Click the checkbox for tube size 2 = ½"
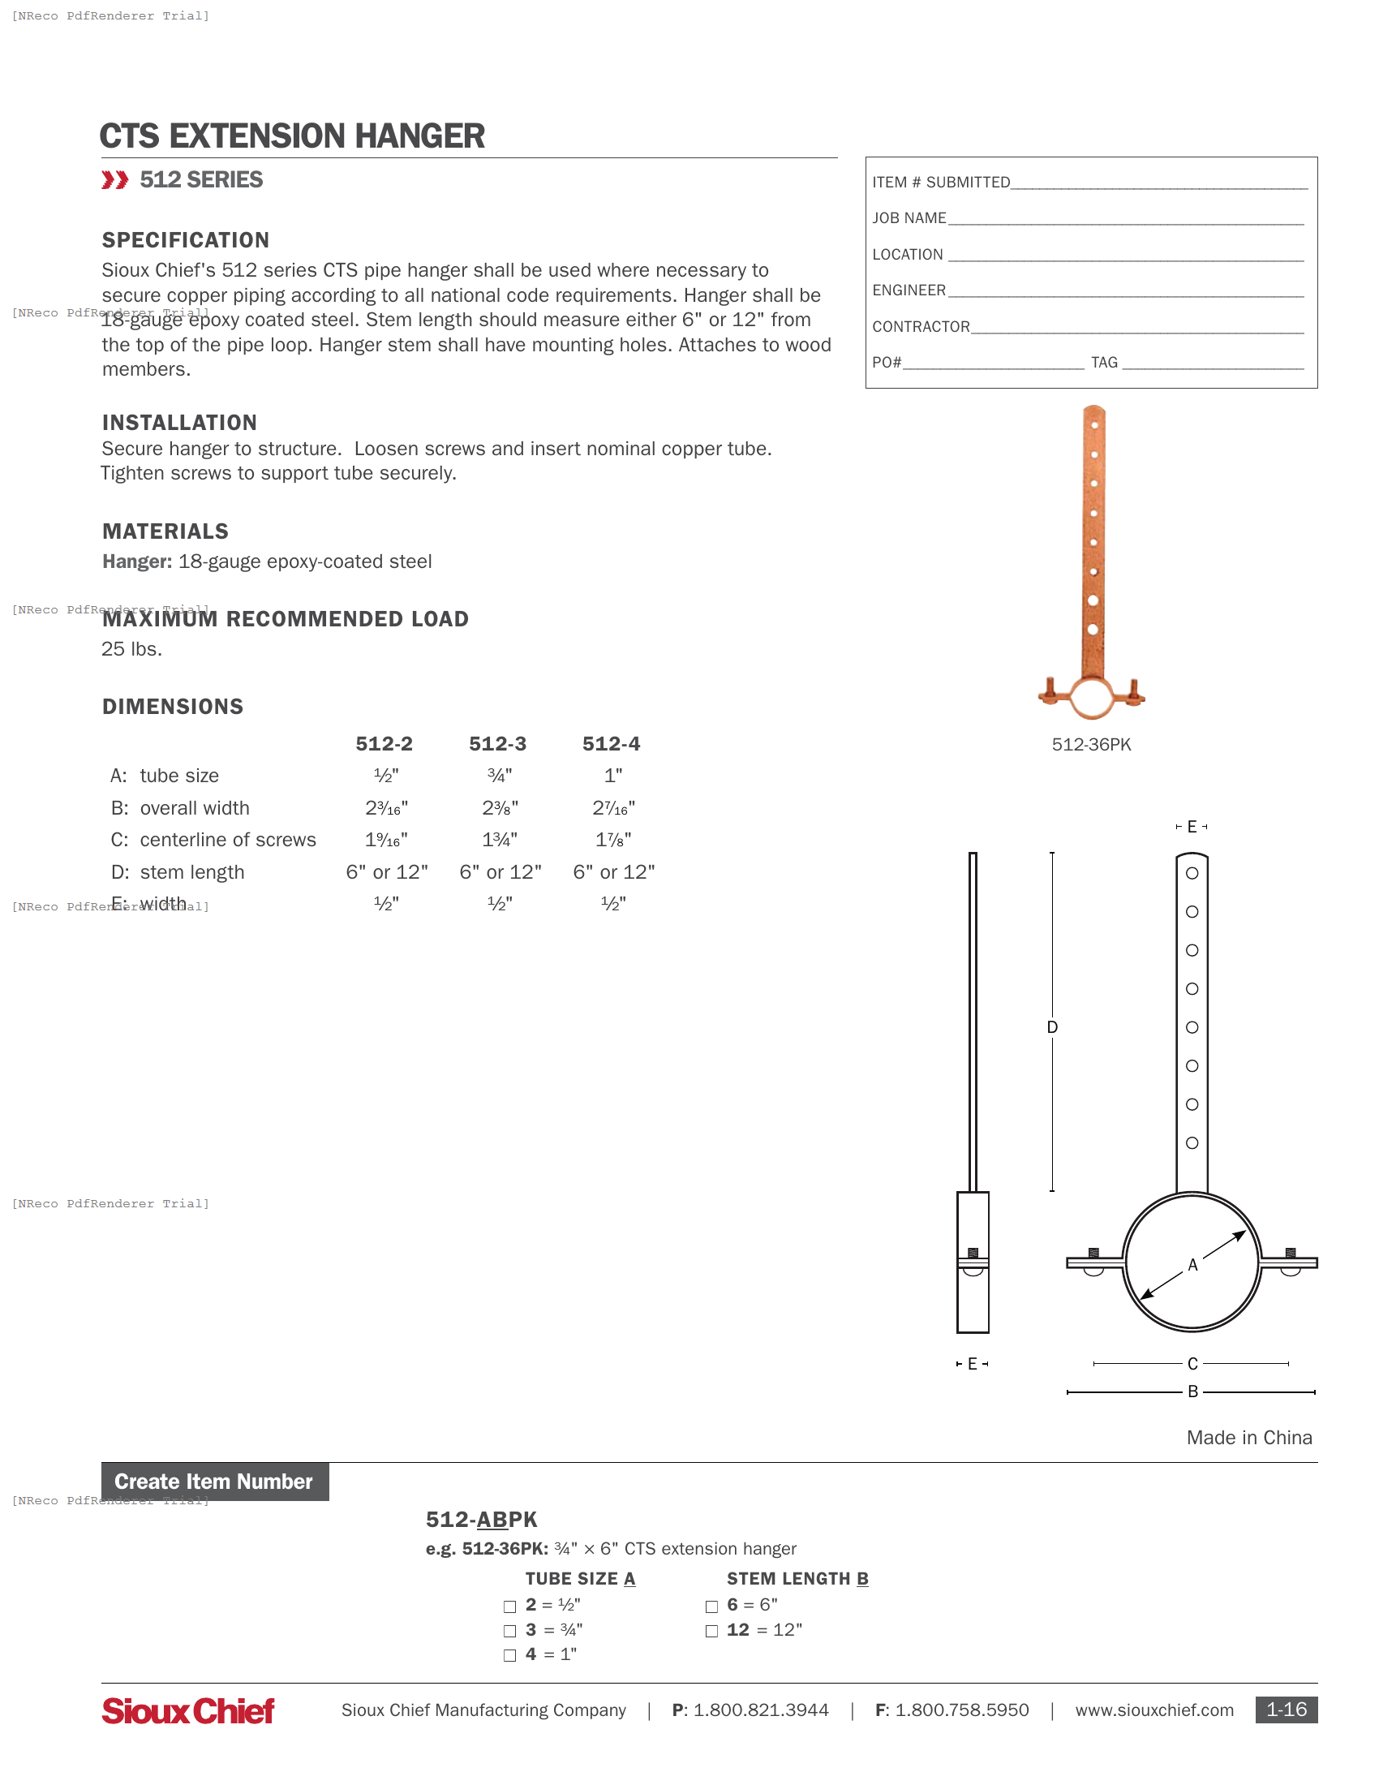[x=509, y=1606]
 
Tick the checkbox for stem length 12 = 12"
[x=711, y=1632]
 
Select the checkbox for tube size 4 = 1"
[x=509, y=1656]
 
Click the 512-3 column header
[x=497, y=744]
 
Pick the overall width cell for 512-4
[x=613, y=808]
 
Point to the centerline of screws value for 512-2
[x=386, y=841]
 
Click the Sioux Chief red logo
[x=188, y=1710]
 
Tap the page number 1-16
[x=1286, y=1710]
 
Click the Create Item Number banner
[x=215, y=1482]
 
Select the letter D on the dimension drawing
[x=1052, y=1027]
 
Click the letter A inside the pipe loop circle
[x=1192, y=1265]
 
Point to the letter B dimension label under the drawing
[x=1192, y=1391]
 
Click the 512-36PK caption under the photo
[x=1091, y=745]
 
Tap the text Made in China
[x=1249, y=1438]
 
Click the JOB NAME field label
[x=909, y=218]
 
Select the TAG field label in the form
[x=1105, y=363]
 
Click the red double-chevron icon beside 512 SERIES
[x=115, y=180]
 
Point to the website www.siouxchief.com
[x=1154, y=1710]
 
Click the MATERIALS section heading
[x=165, y=532]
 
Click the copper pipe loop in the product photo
[x=1091, y=699]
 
